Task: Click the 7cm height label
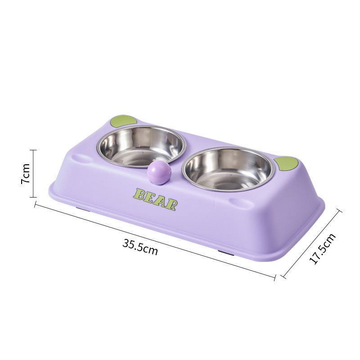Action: (26, 173)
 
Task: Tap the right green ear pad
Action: (287, 164)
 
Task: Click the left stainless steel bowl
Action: (141, 145)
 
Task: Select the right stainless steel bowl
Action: (229, 169)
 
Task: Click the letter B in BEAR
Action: (139, 194)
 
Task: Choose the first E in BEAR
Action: (150, 198)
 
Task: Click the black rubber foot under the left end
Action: (82, 209)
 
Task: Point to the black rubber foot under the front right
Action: (226, 253)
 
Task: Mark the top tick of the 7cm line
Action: (33, 150)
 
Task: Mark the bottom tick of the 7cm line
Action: (33, 197)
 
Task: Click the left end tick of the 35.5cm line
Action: (35, 205)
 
